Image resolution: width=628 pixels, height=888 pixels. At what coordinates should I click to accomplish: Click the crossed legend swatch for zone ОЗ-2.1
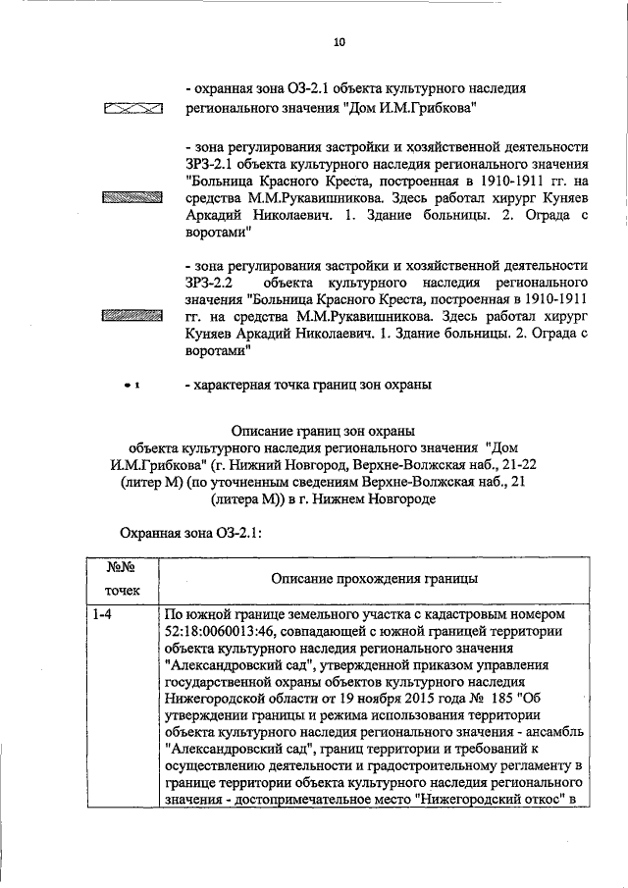pyautogui.click(x=131, y=109)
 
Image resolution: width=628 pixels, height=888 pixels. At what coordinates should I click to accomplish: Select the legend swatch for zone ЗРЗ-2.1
pyautogui.click(x=131, y=198)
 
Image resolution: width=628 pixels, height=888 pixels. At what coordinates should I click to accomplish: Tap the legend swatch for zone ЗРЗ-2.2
pyautogui.click(x=131, y=316)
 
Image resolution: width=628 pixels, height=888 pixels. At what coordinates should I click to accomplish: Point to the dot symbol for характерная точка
pyautogui.click(x=128, y=386)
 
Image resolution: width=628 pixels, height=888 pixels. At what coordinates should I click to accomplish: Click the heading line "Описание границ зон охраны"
pyautogui.click(x=323, y=430)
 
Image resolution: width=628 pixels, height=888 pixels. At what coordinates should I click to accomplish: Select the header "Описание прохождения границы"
pyautogui.click(x=375, y=578)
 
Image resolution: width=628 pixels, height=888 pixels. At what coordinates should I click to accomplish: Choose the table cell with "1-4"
pyautogui.click(x=102, y=613)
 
